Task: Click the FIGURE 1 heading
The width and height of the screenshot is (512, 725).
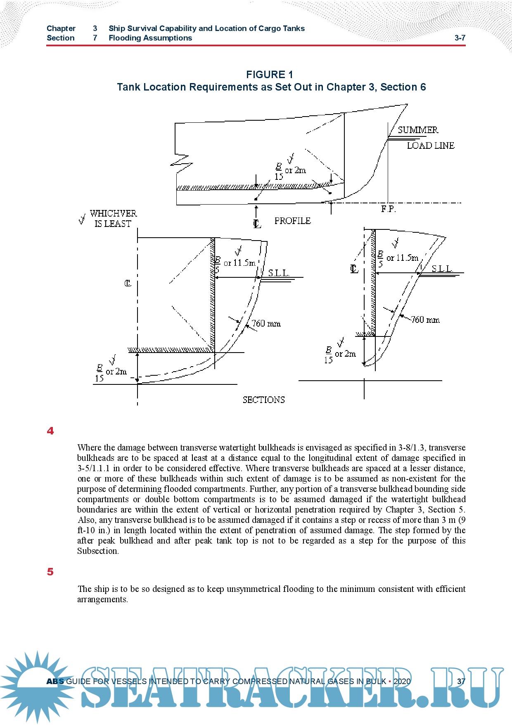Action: click(x=269, y=74)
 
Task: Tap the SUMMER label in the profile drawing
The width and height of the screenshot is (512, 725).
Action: click(x=418, y=130)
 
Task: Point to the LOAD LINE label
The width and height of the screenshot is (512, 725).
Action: click(x=430, y=145)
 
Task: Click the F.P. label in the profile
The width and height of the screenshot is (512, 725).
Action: click(x=388, y=209)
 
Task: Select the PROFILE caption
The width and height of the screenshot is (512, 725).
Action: click(x=292, y=221)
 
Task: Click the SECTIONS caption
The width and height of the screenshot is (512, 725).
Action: click(x=263, y=400)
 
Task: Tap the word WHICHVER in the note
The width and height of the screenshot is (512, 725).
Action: click(x=113, y=213)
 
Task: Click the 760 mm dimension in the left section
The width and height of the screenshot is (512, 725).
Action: click(x=266, y=323)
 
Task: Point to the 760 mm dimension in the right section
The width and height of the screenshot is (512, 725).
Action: click(x=425, y=320)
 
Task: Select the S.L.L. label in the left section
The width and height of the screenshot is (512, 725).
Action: click(x=279, y=273)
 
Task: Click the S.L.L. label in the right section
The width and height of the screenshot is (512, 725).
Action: click(x=442, y=269)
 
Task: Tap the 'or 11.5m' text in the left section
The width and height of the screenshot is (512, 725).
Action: click(x=239, y=263)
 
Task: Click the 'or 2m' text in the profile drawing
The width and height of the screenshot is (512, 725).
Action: click(x=295, y=170)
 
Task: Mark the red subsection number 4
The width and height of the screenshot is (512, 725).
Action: click(x=50, y=431)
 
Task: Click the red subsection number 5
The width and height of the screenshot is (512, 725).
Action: click(x=50, y=572)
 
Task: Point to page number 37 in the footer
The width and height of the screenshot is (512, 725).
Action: click(x=461, y=681)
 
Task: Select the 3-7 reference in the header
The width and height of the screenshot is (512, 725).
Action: click(x=460, y=38)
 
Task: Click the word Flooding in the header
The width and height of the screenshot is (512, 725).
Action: click(x=125, y=38)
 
